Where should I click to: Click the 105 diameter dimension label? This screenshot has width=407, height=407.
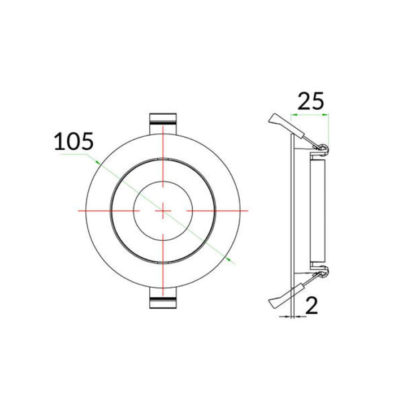pos(73,141)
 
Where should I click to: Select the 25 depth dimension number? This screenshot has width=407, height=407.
pos(310,101)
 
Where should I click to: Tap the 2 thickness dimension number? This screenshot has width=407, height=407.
pos(311,306)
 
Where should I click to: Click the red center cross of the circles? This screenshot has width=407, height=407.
pos(163,210)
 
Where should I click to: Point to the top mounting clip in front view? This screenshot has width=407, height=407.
pos(163,120)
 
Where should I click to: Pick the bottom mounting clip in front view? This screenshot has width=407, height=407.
pos(163,300)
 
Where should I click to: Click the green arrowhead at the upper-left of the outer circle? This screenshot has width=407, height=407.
pos(98,162)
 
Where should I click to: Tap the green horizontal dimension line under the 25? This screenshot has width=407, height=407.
pos(309,115)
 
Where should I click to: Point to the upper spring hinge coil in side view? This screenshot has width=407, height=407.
pos(323,149)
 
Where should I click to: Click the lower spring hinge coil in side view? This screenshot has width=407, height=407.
pos(323,274)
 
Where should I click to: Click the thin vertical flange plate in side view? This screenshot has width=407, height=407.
pos(292,210)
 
